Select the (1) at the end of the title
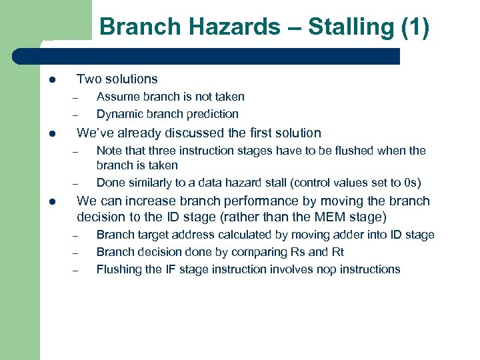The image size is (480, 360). (x=415, y=27)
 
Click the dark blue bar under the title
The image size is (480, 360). (x=220, y=56)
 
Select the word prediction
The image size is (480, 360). (x=212, y=114)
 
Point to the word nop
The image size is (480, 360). (x=323, y=269)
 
